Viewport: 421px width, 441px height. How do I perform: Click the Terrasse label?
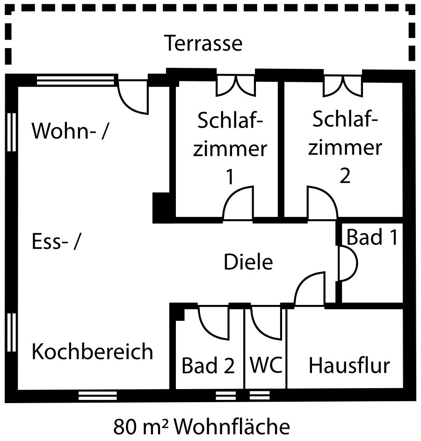click(203, 43)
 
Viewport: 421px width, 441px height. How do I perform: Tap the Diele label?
click(248, 262)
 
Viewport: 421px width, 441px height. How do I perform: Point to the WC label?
click(266, 365)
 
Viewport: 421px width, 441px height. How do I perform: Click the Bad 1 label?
click(372, 238)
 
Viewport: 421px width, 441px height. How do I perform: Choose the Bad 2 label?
click(208, 366)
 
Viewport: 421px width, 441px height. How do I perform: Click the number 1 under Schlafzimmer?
click(230, 178)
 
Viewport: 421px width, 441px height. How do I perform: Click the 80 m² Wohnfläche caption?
click(202, 427)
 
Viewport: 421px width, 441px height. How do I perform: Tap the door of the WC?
click(266, 323)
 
